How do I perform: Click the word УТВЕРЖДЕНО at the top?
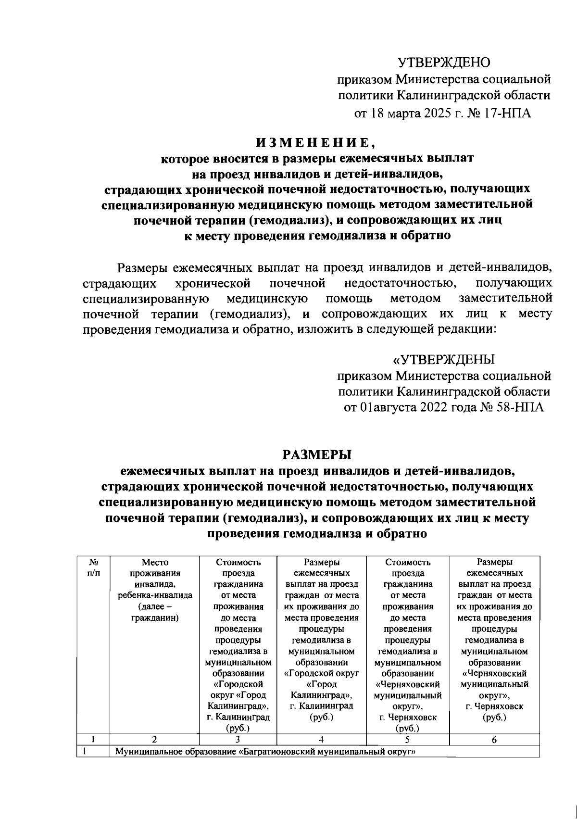coord(443,63)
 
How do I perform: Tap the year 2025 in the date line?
coord(432,113)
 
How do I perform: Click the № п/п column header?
coord(93,567)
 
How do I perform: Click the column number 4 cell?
coord(321,740)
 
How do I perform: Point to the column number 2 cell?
coord(154,740)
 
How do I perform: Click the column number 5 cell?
coord(407,740)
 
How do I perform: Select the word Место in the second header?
coord(155,562)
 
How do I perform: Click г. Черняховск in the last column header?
coord(494,706)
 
